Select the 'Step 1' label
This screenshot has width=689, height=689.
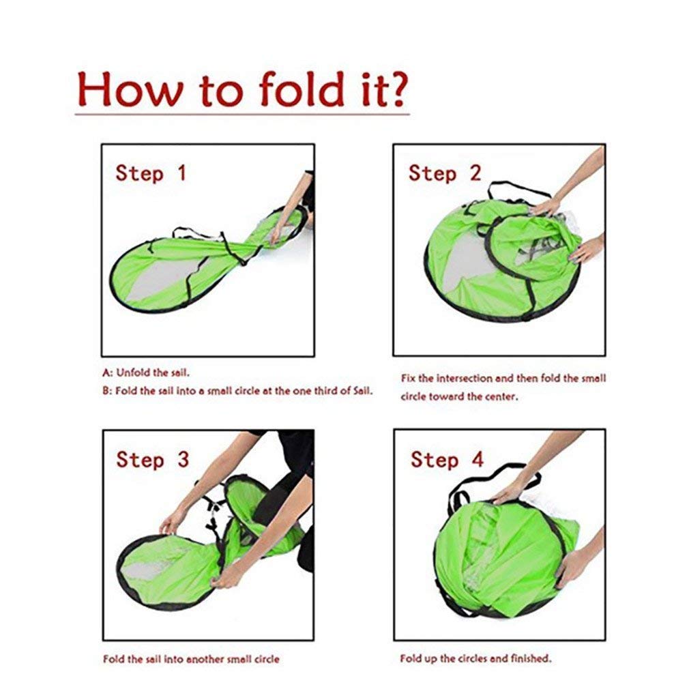click(x=151, y=173)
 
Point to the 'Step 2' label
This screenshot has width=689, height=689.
click(x=445, y=173)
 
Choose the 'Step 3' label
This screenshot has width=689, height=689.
click(x=153, y=460)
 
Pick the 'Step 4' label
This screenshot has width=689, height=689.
click(x=448, y=460)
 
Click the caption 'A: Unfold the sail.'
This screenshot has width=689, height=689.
click(x=146, y=373)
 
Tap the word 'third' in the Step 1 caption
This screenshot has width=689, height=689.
click(x=325, y=391)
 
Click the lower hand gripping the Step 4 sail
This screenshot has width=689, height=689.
click(x=571, y=568)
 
